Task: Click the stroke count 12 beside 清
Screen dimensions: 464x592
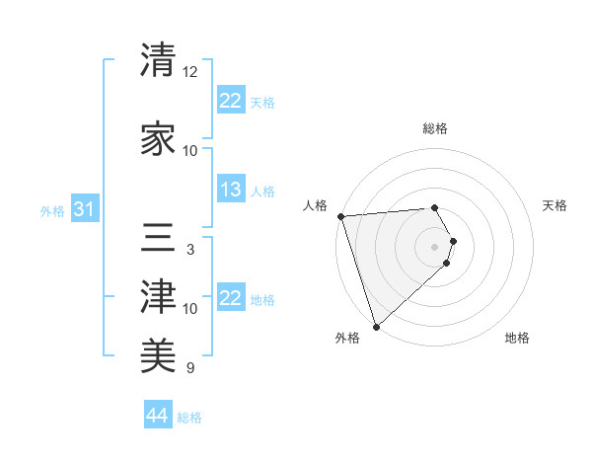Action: coord(190,72)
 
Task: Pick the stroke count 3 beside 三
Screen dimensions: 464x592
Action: coord(189,250)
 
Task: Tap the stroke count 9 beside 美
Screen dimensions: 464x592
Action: coord(189,368)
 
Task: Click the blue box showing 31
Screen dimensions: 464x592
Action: coord(85,210)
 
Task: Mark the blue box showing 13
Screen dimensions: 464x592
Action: coord(231,191)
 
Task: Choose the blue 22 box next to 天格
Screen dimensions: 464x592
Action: coord(231,101)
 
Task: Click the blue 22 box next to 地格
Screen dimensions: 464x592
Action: coord(231,299)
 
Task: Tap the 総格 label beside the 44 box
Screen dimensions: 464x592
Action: coord(189,418)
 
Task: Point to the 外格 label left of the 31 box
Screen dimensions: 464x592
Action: coord(52,211)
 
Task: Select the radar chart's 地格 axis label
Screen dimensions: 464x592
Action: coord(517,338)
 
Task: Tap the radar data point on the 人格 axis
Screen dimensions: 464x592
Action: coord(340,216)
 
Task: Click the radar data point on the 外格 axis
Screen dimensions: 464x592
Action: coord(376,326)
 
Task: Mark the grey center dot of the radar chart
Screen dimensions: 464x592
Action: coord(435,246)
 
